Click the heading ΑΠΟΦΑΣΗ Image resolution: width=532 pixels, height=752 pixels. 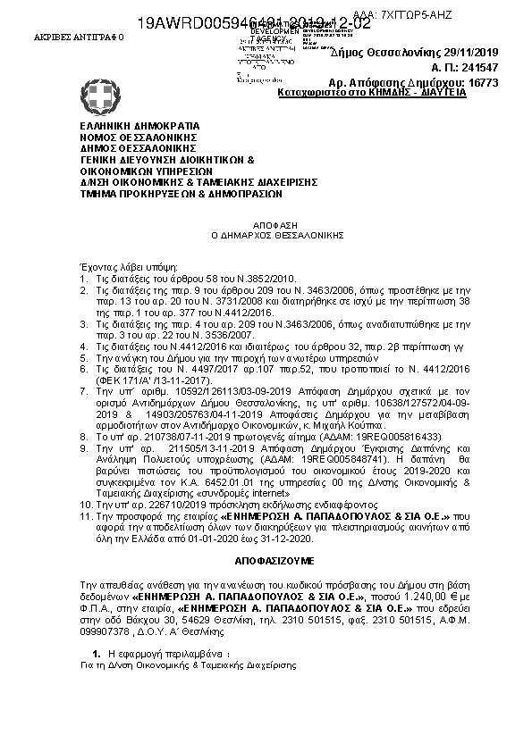click(265, 227)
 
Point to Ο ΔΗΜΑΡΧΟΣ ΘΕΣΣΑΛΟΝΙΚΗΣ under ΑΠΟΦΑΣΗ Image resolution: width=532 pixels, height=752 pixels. click(265, 238)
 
